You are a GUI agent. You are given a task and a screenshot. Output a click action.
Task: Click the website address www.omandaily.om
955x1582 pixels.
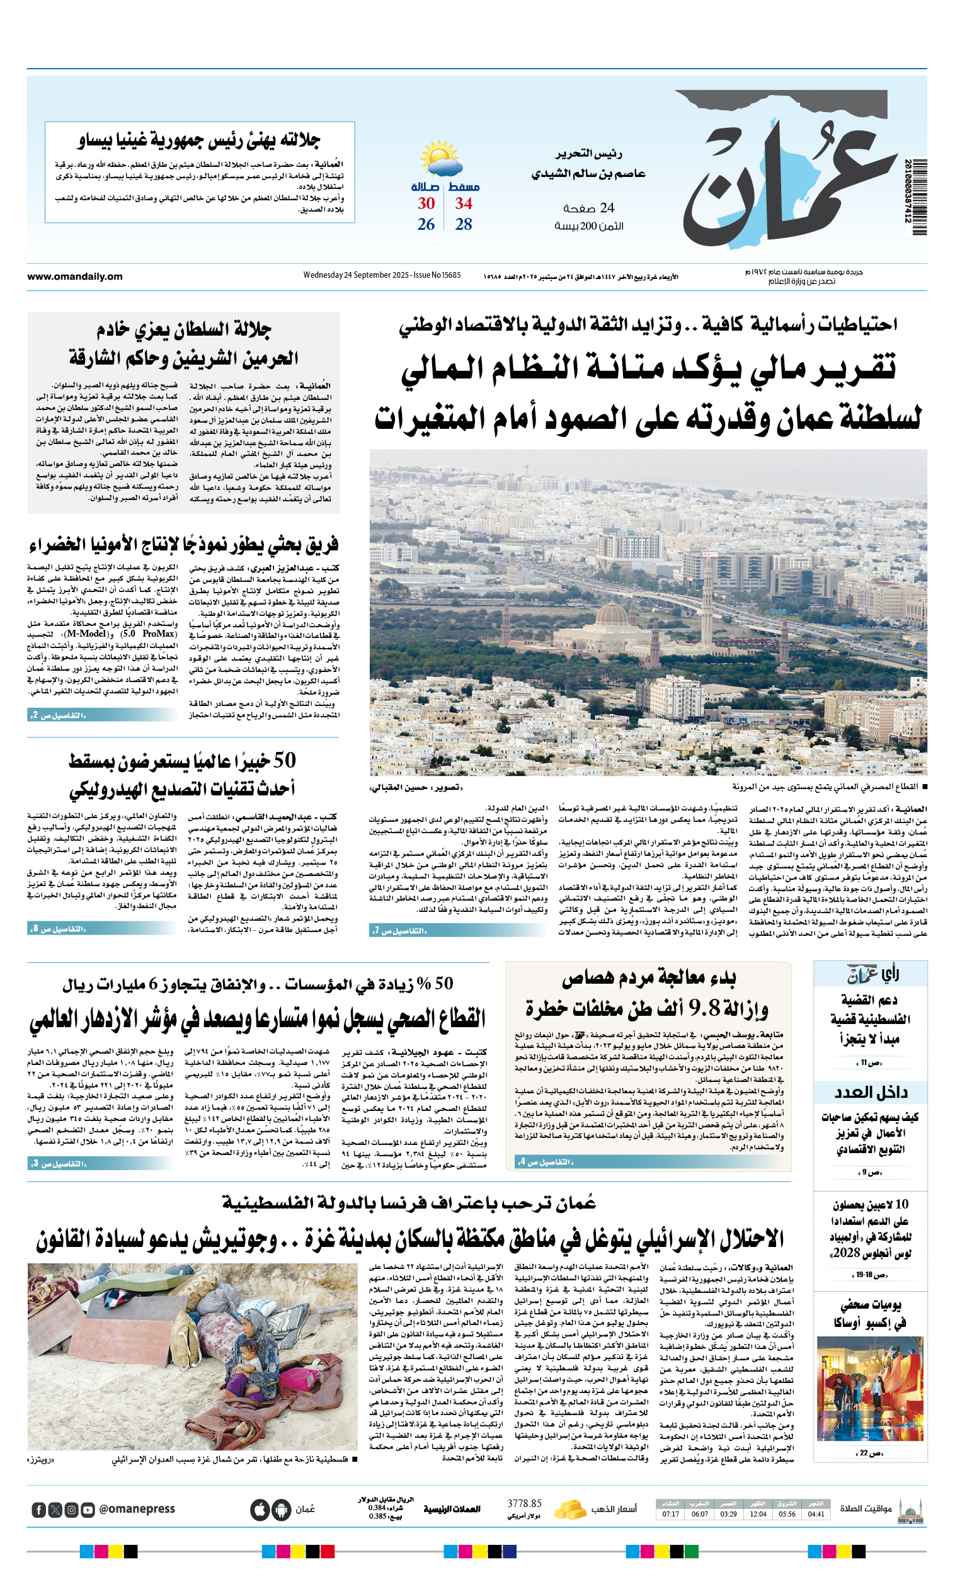tap(74, 276)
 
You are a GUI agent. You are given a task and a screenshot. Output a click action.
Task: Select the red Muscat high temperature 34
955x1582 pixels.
tap(464, 203)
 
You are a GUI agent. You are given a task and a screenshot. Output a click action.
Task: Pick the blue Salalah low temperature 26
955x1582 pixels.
tap(426, 225)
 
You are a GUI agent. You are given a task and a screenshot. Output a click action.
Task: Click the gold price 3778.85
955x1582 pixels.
tap(524, 1504)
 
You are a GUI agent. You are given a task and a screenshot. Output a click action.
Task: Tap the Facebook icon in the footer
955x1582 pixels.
tap(38, 1510)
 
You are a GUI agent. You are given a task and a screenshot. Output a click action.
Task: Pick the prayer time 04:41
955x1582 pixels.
tap(816, 1514)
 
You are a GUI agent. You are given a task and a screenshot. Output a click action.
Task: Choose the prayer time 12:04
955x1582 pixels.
tap(758, 1514)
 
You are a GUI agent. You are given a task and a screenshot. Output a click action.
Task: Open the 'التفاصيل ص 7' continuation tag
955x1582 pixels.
tap(399, 930)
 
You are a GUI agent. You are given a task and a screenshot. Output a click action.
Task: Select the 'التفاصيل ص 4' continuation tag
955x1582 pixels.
tap(545, 1161)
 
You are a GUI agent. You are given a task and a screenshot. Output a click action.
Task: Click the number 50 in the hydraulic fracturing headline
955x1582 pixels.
tap(285, 760)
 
